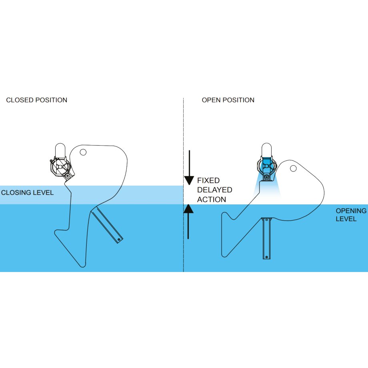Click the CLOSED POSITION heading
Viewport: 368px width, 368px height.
[36, 100]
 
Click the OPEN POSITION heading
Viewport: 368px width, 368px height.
[228, 100]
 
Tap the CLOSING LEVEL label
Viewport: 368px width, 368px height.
[27, 192]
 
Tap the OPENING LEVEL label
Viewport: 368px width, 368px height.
[351, 215]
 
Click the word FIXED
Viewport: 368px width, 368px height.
[208, 181]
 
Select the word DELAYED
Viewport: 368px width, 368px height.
[215, 190]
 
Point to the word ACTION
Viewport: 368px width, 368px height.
[212, 200]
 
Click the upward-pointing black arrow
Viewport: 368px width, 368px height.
[188, 220]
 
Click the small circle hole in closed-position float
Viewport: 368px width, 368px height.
[83, 152]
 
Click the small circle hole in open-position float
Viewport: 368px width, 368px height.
[293, 168]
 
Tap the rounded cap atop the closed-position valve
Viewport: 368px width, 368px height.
[60, 150]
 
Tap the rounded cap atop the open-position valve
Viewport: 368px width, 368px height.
[267, 150]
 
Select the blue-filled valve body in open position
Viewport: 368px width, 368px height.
[266, 166]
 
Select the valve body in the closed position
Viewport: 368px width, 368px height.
[60, 167]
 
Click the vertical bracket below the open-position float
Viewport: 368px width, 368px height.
[266, 238]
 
